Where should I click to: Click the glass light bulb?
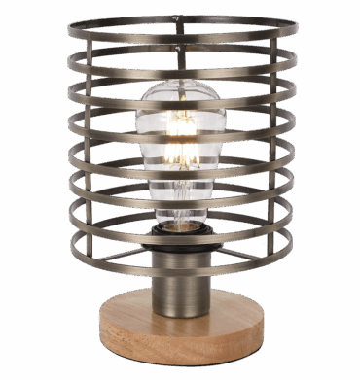point(180,146)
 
